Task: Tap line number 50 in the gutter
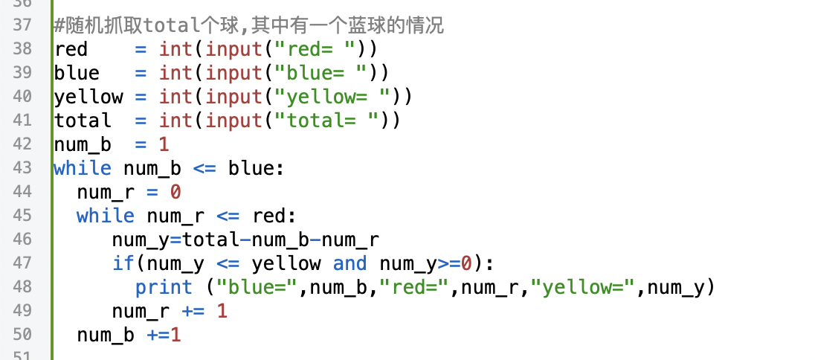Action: click(22, 335)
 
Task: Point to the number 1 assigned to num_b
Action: click(164, 144)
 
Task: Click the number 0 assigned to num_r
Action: click(175, 192)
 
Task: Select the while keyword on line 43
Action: click(83, 168)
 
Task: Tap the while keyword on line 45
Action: click(106, 216)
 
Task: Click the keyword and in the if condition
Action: click(349, 263)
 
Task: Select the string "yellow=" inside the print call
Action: click(588, 287)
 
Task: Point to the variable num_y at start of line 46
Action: click(141, 240)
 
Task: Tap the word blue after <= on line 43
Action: click(251, 168)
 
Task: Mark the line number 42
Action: click(22, 144)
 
